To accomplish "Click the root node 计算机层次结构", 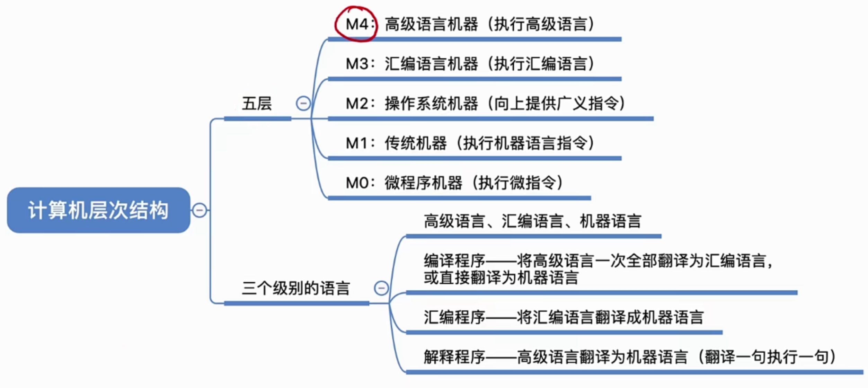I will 98,210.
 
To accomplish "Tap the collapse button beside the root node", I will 200,210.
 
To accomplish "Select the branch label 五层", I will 257,104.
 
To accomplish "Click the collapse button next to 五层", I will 303,104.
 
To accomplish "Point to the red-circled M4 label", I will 357,24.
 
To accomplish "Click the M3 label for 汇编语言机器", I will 357,64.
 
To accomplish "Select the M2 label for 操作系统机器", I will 357,104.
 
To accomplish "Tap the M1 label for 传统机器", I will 357,143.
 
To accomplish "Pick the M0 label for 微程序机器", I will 357,183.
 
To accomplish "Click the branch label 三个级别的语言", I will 296,288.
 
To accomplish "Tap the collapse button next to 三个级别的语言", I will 381,288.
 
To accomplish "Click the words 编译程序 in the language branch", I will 454,261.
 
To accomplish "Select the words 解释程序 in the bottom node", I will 454,357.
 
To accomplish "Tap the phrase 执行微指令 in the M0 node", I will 517,183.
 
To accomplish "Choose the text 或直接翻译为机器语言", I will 501,278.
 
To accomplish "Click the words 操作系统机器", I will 431,104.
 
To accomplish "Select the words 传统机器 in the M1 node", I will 416,143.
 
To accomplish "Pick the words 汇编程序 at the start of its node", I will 454,317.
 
